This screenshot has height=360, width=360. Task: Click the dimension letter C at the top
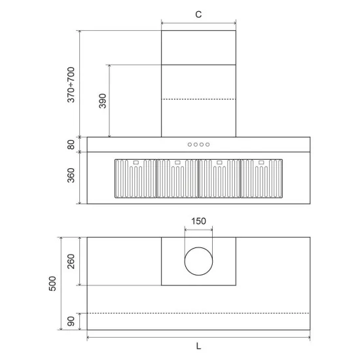pos(198,13)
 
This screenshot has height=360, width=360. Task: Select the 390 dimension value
pos(102,101)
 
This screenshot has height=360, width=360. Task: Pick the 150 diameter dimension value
pos(198,221)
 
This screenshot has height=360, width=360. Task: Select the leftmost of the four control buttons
pos(190,145)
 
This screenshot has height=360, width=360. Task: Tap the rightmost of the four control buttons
pos(207,145)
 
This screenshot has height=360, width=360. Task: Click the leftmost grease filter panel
pos(135,178)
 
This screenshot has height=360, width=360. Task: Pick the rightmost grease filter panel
pos(262,178)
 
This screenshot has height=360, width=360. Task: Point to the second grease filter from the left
pos(177,178)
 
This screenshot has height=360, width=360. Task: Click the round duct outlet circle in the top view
pos(198,261)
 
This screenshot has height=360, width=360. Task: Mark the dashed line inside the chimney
pos(198,99)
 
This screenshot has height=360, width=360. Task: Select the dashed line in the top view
pos(198,314)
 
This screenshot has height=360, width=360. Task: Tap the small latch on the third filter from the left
pos(219,162)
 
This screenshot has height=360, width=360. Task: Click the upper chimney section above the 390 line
pos(198,47)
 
